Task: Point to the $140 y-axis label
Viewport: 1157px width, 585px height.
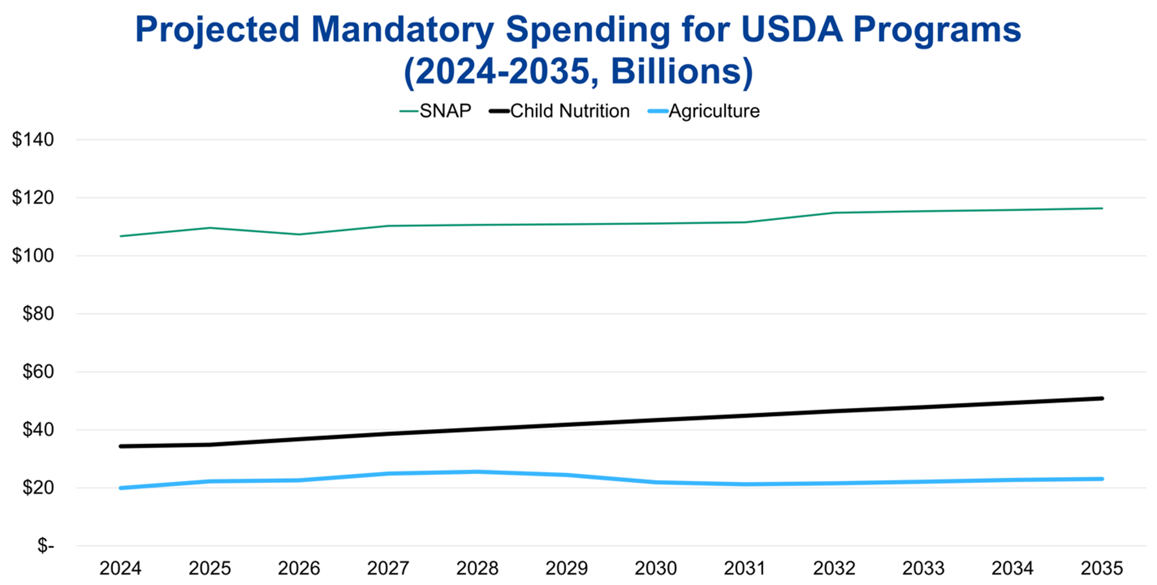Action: [x=33, y=140]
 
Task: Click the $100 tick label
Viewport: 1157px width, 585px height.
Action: [x=33, y=256]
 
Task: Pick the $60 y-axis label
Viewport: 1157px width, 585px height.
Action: [x=38, y=372]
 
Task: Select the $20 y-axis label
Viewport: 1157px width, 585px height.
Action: [x=38, y=488]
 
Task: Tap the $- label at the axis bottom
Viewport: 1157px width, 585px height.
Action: [x=45, y=546]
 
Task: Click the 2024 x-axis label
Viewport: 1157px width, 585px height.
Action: [x=120, y=568]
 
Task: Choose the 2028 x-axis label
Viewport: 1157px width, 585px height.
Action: [x=477, y=568]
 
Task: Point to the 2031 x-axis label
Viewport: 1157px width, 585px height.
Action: [x=745, y=568]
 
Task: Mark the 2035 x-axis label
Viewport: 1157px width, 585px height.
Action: [x=1101, y=568]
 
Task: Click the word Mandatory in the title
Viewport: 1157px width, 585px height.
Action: [x=402, y=30]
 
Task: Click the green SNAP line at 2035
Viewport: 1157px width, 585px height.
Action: [x=1101, y=209]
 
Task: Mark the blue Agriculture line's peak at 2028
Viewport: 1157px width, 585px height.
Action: [x=477, y=472]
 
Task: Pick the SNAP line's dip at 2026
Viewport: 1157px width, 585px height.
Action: [x=299, y=234]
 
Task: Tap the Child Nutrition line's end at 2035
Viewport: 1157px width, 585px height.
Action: [x=1101, y=399]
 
